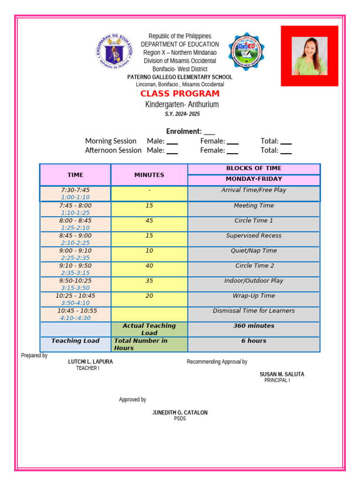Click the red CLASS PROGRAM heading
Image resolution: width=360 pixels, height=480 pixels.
(x=180, y=94)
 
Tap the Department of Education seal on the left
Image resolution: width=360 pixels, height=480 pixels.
(x=115, y=52)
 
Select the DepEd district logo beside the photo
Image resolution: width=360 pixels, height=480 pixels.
(x=246, y=52)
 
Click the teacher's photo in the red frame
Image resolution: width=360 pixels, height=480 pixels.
(x=309, y=56)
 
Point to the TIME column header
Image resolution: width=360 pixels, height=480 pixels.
(x=75, y=175)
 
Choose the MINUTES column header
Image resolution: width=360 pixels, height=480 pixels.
(x=149, y=175)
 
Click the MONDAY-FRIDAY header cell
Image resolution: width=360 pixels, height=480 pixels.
(x=254, y=179)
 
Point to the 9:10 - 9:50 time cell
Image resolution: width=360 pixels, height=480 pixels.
(x=75, y=266)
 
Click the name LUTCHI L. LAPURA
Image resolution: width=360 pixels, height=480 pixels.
(x=90, y=362)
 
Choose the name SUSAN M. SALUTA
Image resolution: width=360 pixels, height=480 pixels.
(x=282, y=374)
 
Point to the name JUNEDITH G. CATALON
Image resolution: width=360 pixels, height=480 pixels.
(x=180, y=412)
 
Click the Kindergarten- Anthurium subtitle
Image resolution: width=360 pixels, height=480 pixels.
(x=182, y=105)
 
